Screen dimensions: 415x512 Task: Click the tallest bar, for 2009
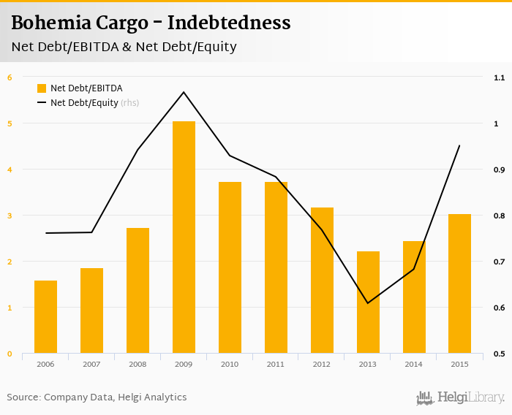pos(184,237)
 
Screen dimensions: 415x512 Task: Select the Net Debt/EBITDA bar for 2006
pos(45,317)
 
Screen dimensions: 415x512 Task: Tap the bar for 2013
pos(368,302)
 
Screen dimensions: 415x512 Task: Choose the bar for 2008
pos(138,291)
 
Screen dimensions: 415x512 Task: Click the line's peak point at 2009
pos(184,92)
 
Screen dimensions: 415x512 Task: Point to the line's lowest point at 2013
pos(368,303)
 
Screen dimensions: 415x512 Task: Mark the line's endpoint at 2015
pos(459,145)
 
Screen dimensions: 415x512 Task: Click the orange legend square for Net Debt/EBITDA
pos(42,88)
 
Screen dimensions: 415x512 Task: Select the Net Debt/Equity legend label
pos(84,103)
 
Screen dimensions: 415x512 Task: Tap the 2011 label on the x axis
pos(276,364)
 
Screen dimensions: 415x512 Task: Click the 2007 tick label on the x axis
pos(91,364)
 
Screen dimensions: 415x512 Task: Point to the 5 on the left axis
pos(10,123)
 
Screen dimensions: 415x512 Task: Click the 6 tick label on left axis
pos(10,77)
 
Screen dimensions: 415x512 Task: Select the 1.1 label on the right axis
pos(500,77)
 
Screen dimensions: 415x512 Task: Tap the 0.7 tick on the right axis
pos(500,262)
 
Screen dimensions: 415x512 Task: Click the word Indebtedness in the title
pos(229,23)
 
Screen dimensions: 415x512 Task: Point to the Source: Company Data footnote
pos(97,397)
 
